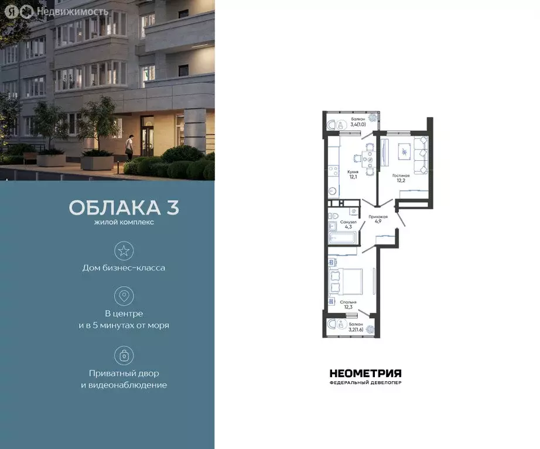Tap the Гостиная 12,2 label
click(401, 177)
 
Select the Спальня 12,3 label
click(348, 305)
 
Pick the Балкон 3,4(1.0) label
click(358, 121)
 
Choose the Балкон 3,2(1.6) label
click(356, 327)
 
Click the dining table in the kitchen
click(368, 157)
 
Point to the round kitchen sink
click(332, 191)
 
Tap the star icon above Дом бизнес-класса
click(124, 251)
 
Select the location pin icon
click(124, 295)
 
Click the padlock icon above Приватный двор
click(124, 355)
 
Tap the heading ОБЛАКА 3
click(124, 208)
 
